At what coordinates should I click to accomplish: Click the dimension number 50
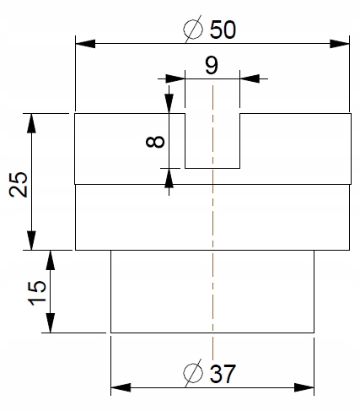[223, 30]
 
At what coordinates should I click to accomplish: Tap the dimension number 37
[223, 374]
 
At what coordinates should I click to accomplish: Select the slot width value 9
[212, 65]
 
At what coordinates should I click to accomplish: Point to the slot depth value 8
[155, 142]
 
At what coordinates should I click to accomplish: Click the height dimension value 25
[19, 184]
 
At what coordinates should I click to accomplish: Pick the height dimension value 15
[37, 293]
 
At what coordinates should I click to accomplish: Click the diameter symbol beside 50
[193, 29]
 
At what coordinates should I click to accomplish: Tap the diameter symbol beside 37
[193, 373]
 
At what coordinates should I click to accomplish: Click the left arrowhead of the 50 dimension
[85, 44]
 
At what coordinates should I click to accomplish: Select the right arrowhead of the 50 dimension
[340, 44]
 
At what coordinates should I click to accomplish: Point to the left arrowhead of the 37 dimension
[121, 387]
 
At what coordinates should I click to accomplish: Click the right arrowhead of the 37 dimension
[304, 387]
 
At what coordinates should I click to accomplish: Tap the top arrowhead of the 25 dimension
[31, 123]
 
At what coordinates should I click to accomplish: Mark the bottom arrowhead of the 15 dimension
[50, 323]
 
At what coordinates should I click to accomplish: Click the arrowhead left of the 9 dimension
[175, 78]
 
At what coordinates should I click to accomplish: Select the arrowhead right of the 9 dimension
[250, 78]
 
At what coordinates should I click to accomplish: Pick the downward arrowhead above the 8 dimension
[169, 104]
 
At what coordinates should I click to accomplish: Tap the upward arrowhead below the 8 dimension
[169, 178]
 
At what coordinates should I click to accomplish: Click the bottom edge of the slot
[212, 168]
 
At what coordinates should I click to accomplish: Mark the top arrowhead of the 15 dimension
[50, 260]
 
